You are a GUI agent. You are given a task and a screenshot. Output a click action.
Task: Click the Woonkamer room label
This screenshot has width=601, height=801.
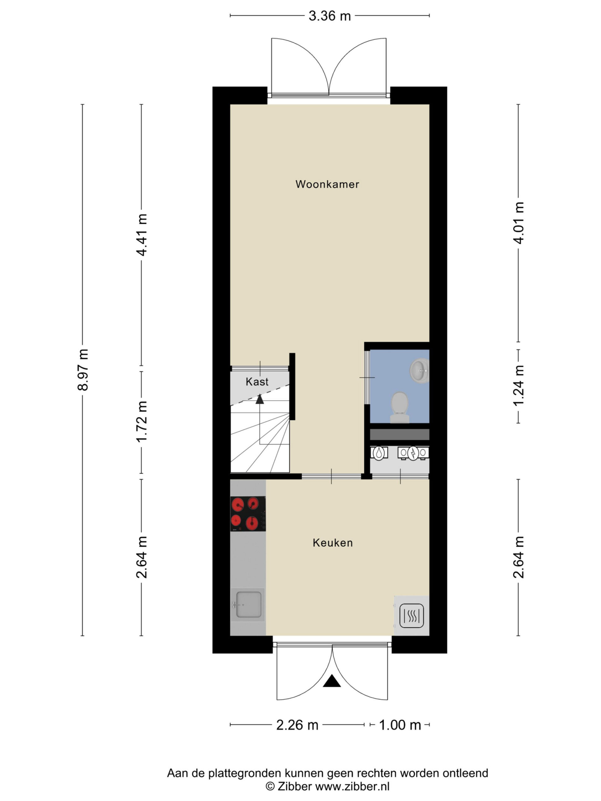[327, 184]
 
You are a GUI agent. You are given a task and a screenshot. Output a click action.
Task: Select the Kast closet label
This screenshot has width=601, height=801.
[257, 381]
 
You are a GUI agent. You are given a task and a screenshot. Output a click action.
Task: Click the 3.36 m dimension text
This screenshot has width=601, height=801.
[330, 16]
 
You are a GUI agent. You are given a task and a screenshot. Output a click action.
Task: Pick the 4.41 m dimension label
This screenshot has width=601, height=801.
[142, 235]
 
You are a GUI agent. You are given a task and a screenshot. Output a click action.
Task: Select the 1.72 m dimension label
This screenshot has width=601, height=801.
[142, 421]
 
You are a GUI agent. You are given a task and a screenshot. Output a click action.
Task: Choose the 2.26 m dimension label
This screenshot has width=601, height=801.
[297, 725]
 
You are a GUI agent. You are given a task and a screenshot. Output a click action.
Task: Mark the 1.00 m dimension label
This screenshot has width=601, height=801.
[400, 725]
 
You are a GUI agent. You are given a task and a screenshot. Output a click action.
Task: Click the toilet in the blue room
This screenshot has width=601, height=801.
[400, 407]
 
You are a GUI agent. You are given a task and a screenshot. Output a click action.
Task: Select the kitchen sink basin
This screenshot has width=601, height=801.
[248, 605]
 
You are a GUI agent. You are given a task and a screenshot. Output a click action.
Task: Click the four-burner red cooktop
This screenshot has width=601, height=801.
[248, 514]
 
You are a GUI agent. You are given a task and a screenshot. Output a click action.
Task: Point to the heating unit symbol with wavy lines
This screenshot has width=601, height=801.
[412, 615]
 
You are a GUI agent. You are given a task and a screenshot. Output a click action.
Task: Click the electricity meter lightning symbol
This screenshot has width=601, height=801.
[413, 453]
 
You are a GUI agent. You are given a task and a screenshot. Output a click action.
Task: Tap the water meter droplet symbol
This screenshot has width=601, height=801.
[378, 453]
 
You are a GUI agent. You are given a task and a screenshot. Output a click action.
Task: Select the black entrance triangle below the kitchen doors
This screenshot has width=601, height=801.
[332, 681]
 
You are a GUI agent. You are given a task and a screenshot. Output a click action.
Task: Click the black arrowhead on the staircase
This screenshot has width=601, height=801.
[259, 399]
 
